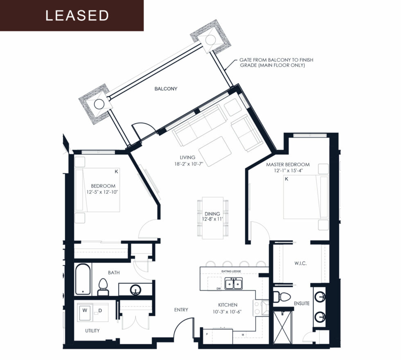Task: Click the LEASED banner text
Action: pos(77,16)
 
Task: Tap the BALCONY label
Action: pos(166,89)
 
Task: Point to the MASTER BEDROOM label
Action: pos(288,165)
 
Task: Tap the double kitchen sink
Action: pos(234,283)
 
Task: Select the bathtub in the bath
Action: pos(83,279)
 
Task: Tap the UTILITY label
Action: pos(92,331)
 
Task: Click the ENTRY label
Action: pos(181,310)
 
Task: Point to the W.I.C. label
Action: pos(300,264)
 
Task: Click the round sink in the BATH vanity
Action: pos(135,291)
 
